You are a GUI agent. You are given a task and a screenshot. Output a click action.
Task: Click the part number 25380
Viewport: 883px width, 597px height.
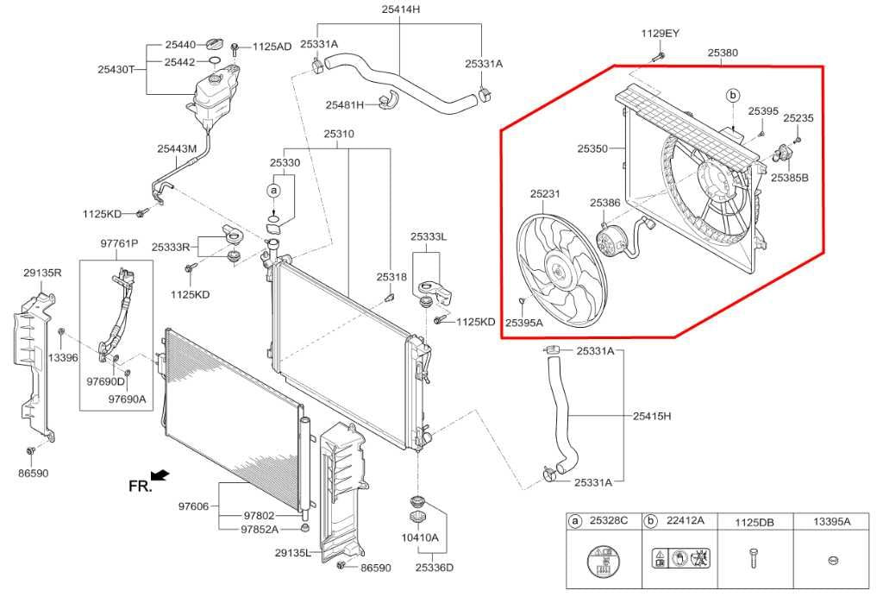723,53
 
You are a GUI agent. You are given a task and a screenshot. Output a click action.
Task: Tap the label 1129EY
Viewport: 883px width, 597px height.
660,34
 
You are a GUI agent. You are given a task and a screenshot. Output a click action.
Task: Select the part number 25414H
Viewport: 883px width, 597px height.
400,9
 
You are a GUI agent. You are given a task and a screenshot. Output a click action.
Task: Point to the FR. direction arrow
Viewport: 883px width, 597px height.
159,475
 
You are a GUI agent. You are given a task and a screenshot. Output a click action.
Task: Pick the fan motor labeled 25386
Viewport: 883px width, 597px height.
613,239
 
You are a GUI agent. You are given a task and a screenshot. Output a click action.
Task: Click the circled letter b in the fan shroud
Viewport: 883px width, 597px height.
733,95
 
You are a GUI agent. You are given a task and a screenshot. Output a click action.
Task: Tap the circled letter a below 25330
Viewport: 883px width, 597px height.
274,190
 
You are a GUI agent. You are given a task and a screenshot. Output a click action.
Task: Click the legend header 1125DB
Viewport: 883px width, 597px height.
754,521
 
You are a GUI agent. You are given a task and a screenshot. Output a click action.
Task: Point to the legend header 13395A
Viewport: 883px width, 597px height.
832,521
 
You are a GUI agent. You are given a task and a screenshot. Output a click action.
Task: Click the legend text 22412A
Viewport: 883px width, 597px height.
686,521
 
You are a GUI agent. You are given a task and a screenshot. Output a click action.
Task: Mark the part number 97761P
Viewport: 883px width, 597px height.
119,244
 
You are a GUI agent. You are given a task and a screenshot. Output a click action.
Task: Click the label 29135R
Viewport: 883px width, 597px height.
42,273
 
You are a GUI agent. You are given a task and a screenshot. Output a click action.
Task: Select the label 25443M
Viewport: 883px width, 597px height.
177,148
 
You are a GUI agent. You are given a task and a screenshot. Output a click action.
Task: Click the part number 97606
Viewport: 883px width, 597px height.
194,506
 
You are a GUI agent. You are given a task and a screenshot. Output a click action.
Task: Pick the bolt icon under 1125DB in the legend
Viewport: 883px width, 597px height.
753,559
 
